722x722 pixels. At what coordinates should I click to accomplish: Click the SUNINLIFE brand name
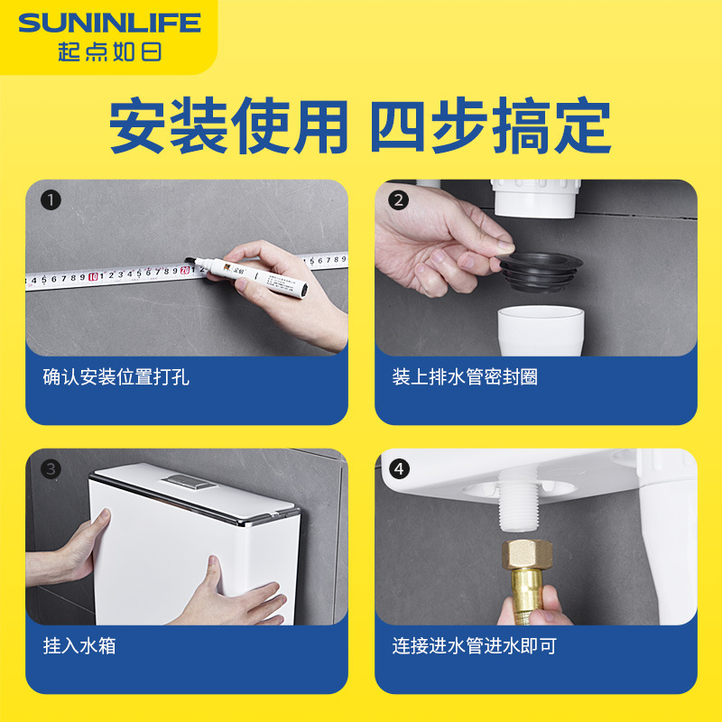108,23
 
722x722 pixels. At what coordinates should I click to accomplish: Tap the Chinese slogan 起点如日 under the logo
108,51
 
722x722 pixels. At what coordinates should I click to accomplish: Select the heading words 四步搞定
491,127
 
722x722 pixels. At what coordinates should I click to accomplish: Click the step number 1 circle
51,200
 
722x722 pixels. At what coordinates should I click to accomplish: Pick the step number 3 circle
51,469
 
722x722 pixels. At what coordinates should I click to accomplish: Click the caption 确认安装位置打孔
116,377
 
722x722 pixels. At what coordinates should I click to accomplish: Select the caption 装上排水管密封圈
465,377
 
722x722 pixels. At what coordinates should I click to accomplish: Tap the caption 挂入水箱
79,646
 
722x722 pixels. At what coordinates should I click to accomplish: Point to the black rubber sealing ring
540,271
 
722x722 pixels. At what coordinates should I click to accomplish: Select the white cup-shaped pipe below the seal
541,331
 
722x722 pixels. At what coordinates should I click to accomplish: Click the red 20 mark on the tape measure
185,268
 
